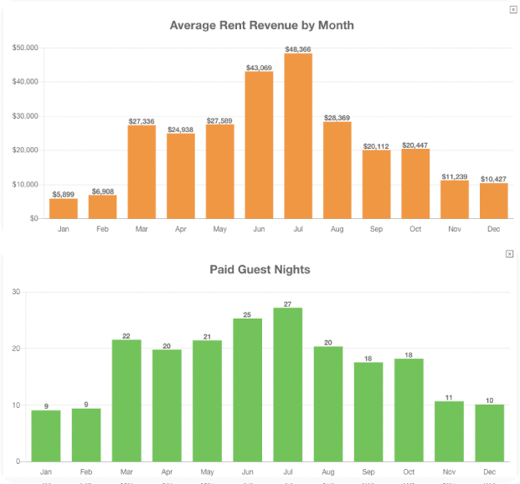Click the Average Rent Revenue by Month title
click(x=261, y=25)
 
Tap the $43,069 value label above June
click(x=259, y=67)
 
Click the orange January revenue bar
click(x=64, y=208)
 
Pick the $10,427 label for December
click(x=493, y=179)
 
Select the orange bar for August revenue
click(x=337, y=171)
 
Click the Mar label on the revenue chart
click(x=142, y=228)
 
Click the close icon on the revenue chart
click(x=512, y=9)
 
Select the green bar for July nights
click(x=287, y=385)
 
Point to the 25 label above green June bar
click(x=247, y=314)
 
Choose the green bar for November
click(x=449, y=431)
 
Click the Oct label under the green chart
click(x=409, y=472)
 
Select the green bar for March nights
click(x=126, y=400)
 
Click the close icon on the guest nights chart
click(x=510, y=254)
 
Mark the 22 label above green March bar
click(x=126, y=336)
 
